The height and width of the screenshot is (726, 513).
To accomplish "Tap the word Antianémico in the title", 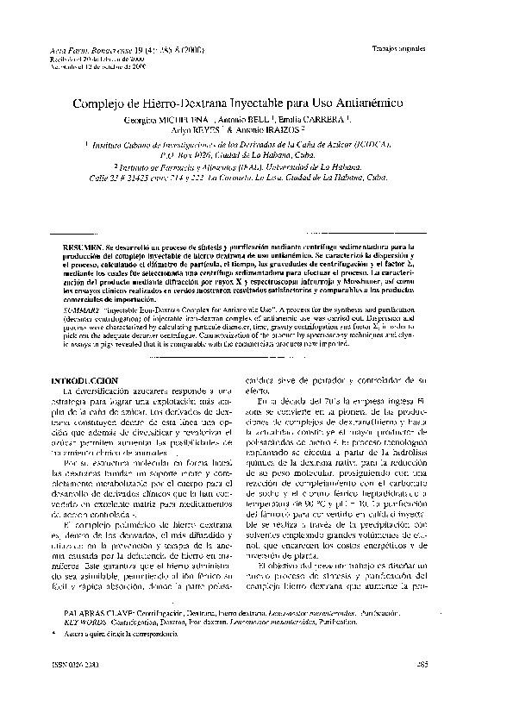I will click(x=366, y=103).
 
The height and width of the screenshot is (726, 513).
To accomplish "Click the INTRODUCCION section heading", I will click(x=84, y=380).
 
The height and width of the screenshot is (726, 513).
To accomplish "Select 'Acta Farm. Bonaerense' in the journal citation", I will click(x=90, y=52).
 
